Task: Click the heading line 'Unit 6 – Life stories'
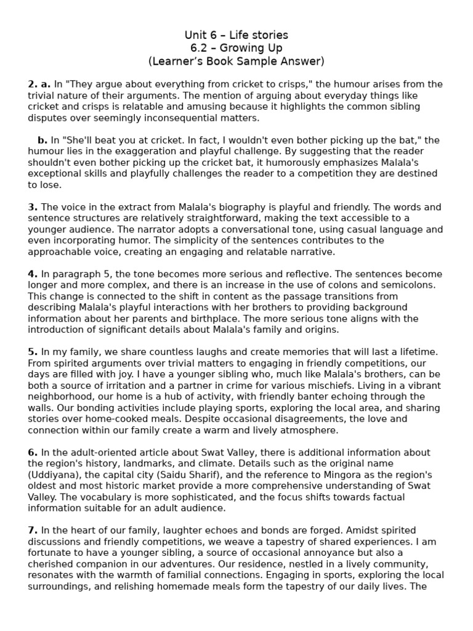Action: pyautogui.click(x=236, y=35)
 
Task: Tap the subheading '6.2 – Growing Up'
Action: pyautogui.click(x=236, y=48)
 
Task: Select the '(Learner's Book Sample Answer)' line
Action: pyautogui.click(x=236, y=61)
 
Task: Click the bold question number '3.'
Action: pyautogui.click(x=33, y=207)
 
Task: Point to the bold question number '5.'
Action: pyautogui.click(x=33, y=352)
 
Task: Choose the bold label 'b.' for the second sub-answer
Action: pyautogui.click(x=42, y=140)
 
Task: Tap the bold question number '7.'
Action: pyautogui.click(x=33, y=530)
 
